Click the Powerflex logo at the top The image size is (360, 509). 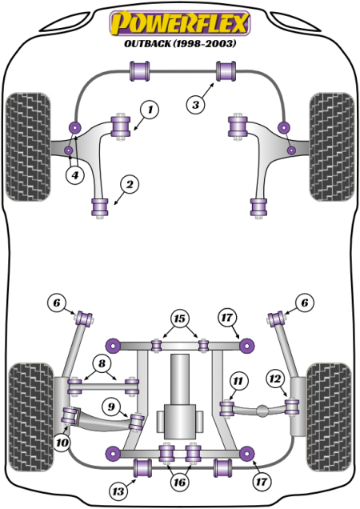(x=179, y=22)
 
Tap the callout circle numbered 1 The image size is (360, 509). (x=150, y=109)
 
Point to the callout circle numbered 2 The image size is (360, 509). (x=128, y=186)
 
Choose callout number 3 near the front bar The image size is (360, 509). (x=195, y=103)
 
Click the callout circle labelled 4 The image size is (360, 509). (x=75, y=175)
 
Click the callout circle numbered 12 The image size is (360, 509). (x=275, y=378)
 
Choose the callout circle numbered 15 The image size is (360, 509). (x=181, y=319)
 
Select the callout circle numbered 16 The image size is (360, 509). (x=181, y=483)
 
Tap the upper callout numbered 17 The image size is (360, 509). (x=227, y=318)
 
